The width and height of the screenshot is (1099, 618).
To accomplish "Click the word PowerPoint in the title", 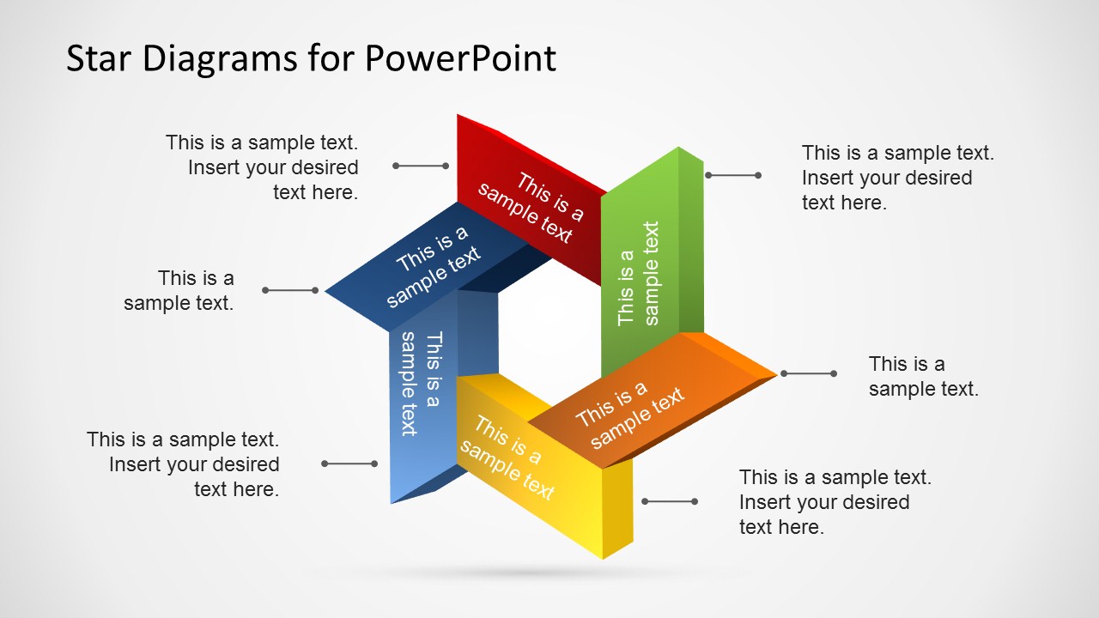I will tap(460, 58).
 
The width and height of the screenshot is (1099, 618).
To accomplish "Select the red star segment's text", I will tap(531, 208).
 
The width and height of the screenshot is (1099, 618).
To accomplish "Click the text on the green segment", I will tap(639, 274).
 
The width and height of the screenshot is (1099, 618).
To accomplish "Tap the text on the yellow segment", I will tap(507, 457).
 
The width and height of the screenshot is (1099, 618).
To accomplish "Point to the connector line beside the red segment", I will tap(421, 166).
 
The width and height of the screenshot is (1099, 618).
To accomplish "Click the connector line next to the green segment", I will tap(732, 175).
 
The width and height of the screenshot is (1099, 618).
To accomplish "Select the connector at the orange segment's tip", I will tap(808, 373).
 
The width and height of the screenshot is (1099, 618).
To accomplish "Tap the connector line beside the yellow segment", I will tap(669, 501).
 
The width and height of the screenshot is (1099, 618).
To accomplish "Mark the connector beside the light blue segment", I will tap(349, 463).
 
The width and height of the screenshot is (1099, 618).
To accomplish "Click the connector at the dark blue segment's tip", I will tap(290, 290).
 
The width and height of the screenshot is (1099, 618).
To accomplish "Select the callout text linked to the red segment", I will tap(262, 167).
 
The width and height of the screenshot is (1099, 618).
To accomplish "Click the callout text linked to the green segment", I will tap(897, 178).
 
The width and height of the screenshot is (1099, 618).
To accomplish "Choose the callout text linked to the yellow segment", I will tap(835, 502).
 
